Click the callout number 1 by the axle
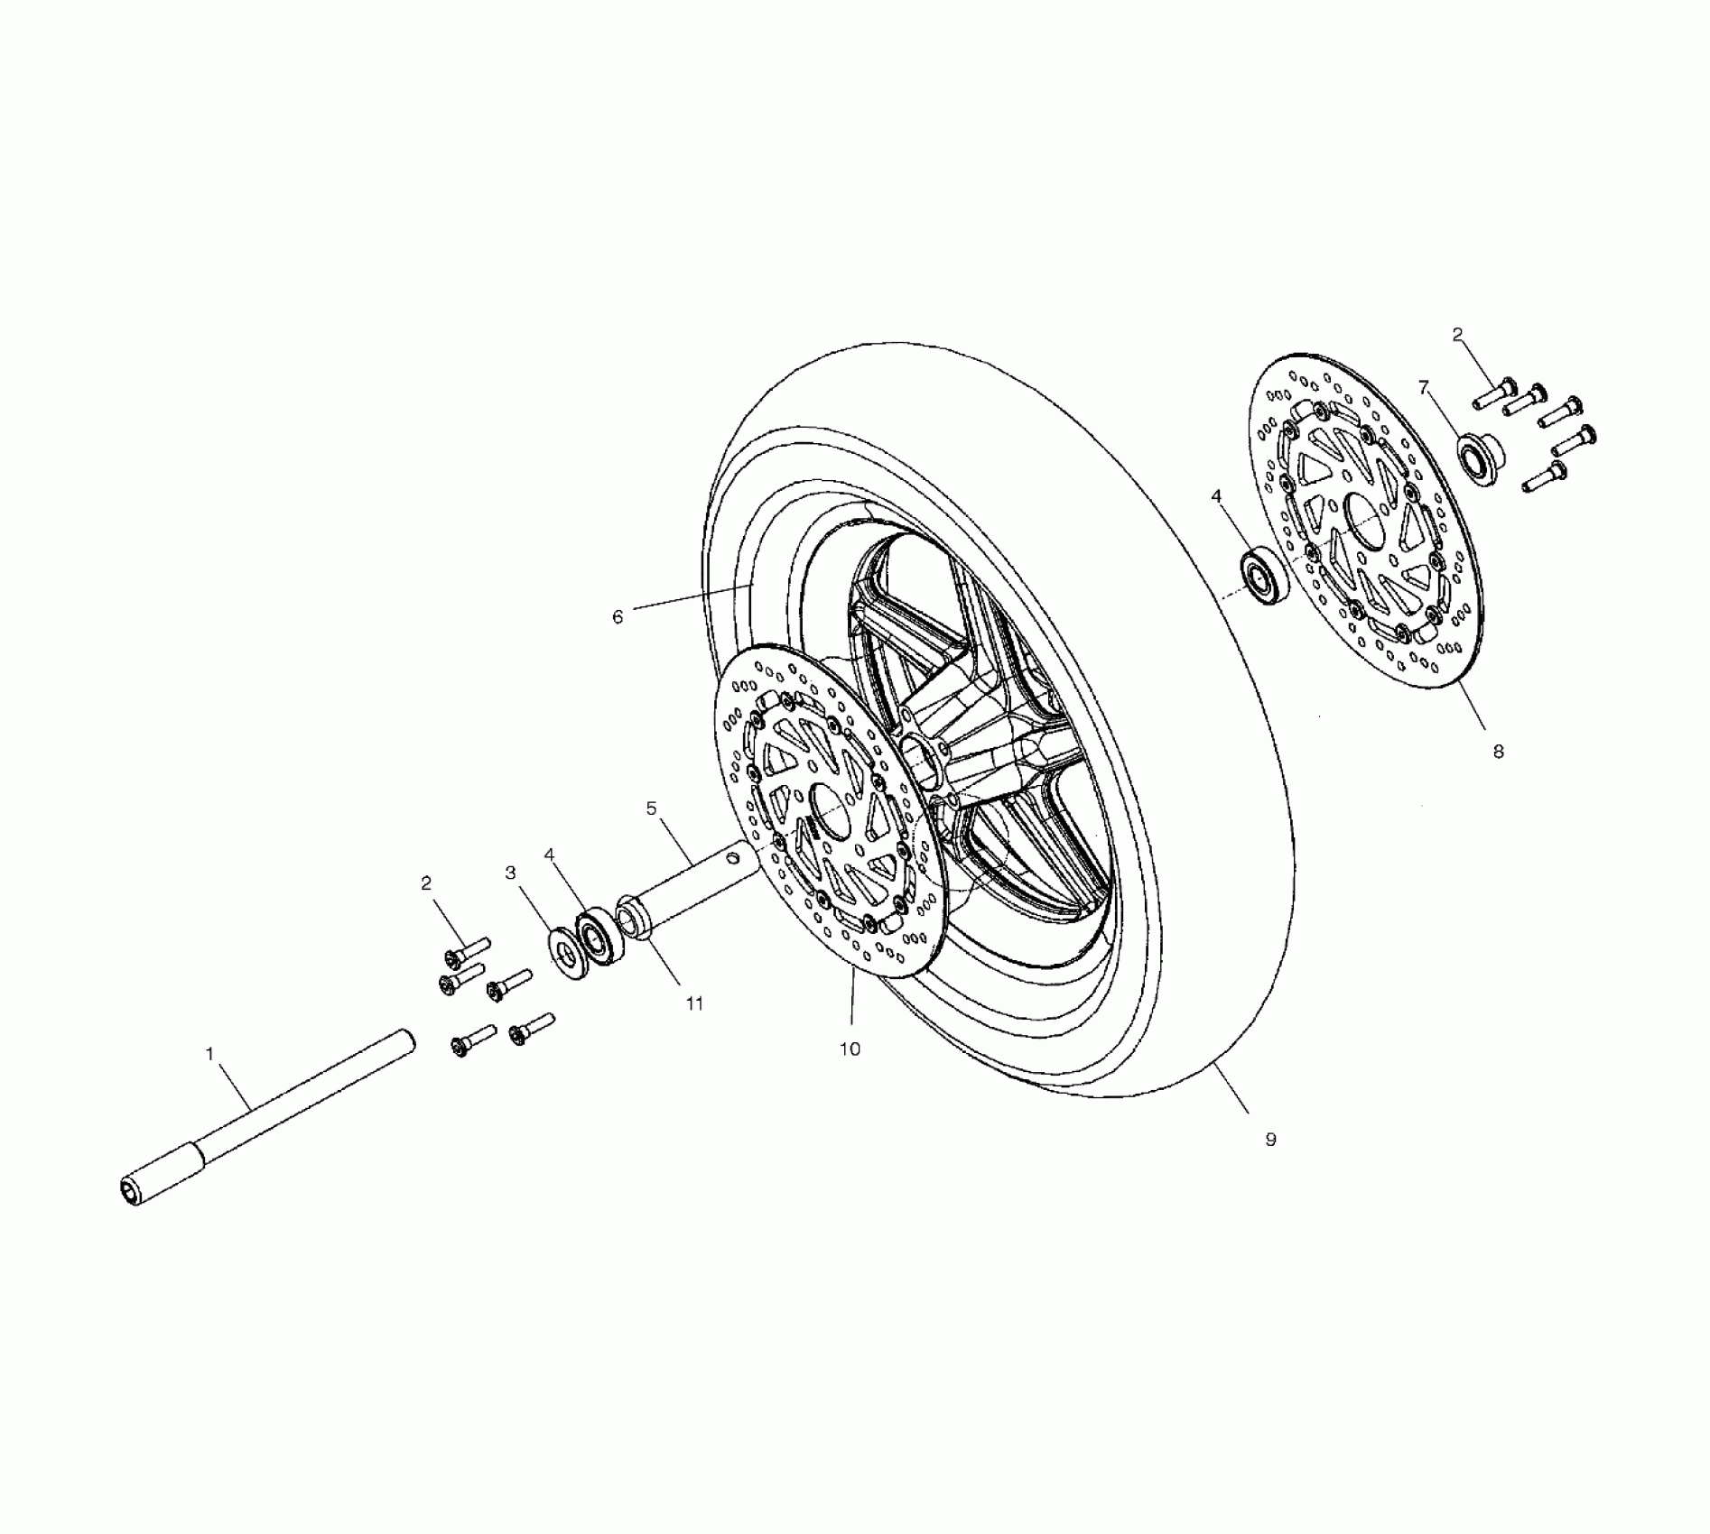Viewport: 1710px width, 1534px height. [x=210, y=1054]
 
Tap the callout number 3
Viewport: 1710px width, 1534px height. [x=511, y=873]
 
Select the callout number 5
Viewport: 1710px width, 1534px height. [x=652, y=809]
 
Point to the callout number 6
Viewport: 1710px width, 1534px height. [x=618, y=617]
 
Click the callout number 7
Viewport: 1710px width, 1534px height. [x=1424, y=388]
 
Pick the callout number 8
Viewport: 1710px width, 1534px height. [x=1498, y=751]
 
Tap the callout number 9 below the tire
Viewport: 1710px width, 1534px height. [x=1270, y=1140]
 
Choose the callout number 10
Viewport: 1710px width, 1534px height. [x=850, y=1049]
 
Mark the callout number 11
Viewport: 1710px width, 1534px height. [x=693, y=1003]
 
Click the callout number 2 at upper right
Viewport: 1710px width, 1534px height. [x=1457, y=335]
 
